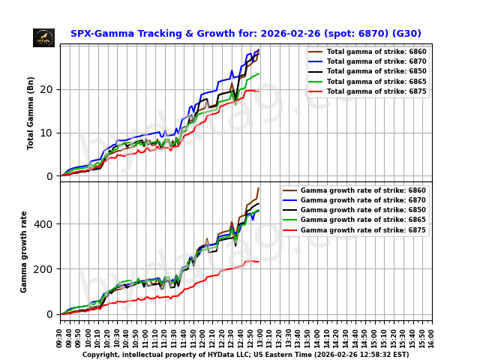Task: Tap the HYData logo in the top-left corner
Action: [43, 37]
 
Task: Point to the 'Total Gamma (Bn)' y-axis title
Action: [31, 112]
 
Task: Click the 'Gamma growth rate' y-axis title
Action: [24, 251]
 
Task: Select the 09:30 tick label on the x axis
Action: [60, 337]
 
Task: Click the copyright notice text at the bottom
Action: [245, 355]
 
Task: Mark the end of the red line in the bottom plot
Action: [259, 262]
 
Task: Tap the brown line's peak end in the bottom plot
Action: [259, 187]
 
